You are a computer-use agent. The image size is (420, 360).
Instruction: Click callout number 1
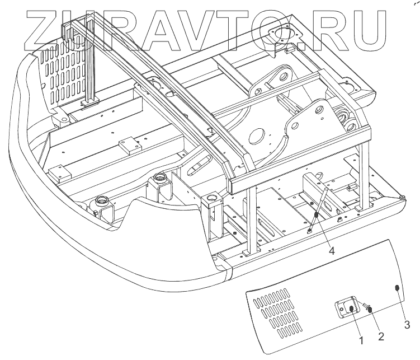(x=361, y=340)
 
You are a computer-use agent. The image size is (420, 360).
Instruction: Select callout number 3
(x=407, y=324)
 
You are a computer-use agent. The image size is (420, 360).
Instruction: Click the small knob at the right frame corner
(x=403, y=197)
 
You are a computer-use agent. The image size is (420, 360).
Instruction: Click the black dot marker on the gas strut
(x=316, y=216)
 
